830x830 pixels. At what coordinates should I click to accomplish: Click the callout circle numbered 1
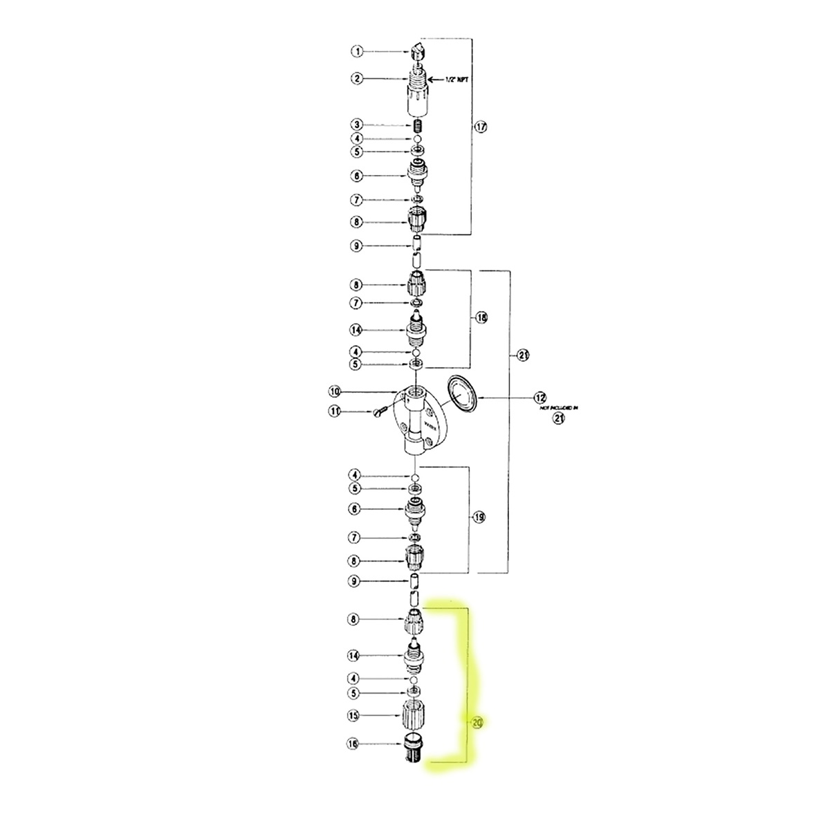click(357, 51)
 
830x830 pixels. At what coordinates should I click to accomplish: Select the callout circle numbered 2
click(357, 79)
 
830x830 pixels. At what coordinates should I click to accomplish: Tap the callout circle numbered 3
click(357, 125)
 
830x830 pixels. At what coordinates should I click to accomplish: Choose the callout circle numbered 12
click(539, 398)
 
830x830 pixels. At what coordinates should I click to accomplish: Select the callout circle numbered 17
click(481, 127)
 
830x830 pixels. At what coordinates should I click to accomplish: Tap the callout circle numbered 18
click(481, 317)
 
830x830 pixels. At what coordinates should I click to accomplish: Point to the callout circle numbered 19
click(479, 517)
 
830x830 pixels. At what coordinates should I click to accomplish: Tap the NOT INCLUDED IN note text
click(557, 409)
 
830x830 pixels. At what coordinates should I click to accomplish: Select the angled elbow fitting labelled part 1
click(416, 50)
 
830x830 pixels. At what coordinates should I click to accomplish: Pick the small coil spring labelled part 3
click(416, 126)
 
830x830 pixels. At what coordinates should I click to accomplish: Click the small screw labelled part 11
click(378, 413)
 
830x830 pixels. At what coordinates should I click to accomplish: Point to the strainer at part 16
click(413, 748)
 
